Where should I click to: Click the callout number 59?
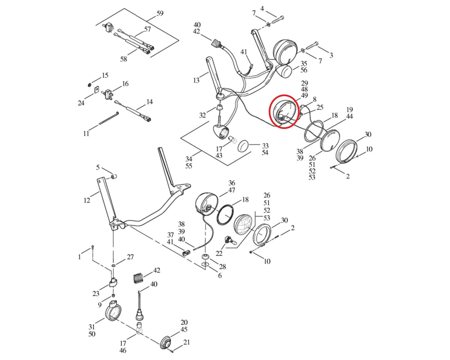click(x=160, y=13)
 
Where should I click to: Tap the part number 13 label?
click(x=196, y=80)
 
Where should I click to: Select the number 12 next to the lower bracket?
click(x=87, y=200)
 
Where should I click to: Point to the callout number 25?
click(x=320, y=107)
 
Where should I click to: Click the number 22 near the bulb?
click(x=219, y=253)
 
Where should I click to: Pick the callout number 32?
click(x=203, y=115)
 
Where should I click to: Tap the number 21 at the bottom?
click(x=187, y=342)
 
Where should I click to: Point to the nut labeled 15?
click(x=90, y=85)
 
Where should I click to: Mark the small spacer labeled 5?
click(x=114, y=176)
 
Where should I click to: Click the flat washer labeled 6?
click(x=205, y=265)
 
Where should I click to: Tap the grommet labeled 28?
click(x=205, y=257)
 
